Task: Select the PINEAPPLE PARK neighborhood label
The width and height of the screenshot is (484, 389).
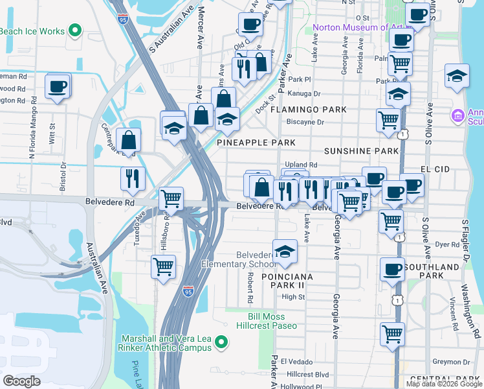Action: click(256, 142)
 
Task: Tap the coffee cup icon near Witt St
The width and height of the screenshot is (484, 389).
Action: click(58, 87)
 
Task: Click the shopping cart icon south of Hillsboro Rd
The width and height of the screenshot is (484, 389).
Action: click(164, 266)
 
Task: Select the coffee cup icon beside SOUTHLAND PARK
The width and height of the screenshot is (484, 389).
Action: click(392, 268)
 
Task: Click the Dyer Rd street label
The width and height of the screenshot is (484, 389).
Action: click(447, 244)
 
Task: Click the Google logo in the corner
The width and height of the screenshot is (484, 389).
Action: click(21, 381)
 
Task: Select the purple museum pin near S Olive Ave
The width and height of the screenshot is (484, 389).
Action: click(458, 116)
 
